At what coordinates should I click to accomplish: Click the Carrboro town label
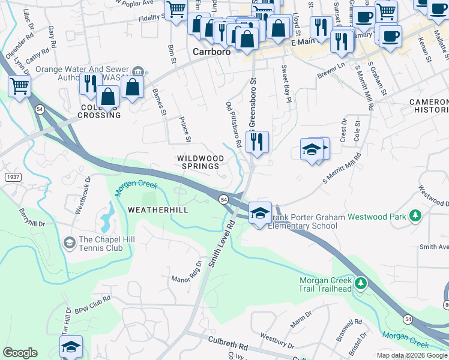[x=211, y=52]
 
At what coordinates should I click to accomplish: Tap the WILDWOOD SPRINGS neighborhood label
[x=200, y=163]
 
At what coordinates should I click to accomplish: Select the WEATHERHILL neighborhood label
[x=158, y=210]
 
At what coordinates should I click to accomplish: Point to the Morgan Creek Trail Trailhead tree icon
[x=360, y=281]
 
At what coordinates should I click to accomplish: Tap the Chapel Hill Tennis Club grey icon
[x=69, y=242]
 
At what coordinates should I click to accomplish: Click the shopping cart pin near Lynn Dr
[x=19, y=86]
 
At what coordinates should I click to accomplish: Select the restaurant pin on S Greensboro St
[x=256, y=142]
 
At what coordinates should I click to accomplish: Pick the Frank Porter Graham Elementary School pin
[x=259, y=213]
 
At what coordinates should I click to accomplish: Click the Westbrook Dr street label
[x=83, y=195]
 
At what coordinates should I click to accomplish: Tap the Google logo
[x=20, y=353]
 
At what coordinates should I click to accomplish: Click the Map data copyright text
[x=411, y=355]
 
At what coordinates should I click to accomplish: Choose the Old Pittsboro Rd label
[x=234, y=124]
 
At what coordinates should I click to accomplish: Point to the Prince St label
[x=184, y=130]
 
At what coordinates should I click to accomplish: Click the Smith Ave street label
[x=433, y=247]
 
